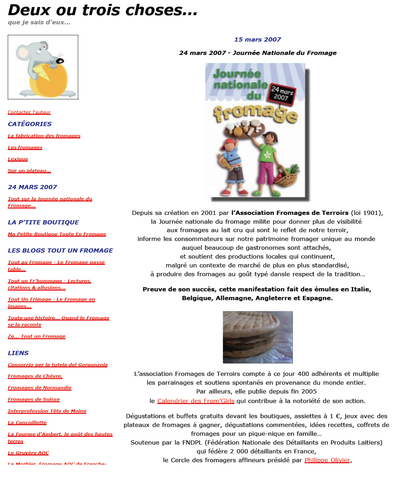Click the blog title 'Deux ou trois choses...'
coord(103,10)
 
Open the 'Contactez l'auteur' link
coord(29,112)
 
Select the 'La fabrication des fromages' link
coord(44,136)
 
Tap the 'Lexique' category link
coord(18,159)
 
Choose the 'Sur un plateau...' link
coord(30,171)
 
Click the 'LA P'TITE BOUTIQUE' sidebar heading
coord(43,222)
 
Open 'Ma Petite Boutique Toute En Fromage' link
coord(57,234)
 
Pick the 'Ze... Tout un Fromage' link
coord(37,336)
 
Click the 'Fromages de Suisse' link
coord(34,399)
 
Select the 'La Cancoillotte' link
coord(27,423)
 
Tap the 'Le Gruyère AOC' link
coord(29,453)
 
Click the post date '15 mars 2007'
coord(258,40)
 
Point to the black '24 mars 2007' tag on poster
coord(282,94)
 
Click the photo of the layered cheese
coord(258,337)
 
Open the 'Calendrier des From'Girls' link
coord(196,401)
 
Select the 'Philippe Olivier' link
coord(327,460)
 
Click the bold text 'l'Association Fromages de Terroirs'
coord(290,213)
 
